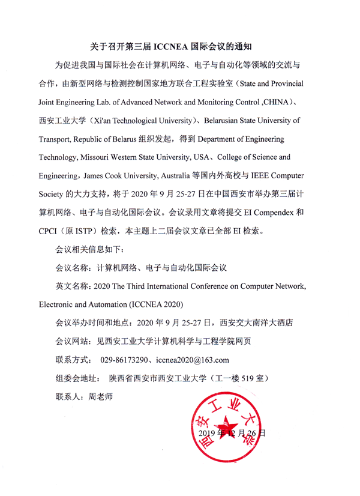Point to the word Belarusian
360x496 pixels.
tap(227, 121)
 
